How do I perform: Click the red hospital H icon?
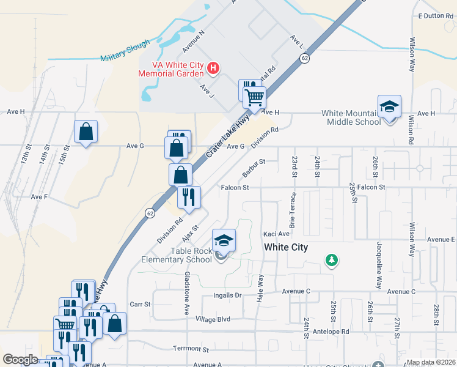(213, 68)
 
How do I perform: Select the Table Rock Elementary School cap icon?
(224, 240)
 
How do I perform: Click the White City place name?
(286, 247)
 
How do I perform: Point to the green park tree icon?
(332, 261)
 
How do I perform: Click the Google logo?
(20, 360)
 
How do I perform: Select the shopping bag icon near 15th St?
(86, 132)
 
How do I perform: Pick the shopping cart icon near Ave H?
(255, 96)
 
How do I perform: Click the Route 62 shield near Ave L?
(304, 57)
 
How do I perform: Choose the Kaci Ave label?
(276, 234)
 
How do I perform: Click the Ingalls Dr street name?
(228, 295)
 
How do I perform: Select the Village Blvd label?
(213, 319)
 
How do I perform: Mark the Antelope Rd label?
(336, 332)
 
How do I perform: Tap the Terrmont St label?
(191, 349)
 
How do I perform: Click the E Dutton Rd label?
(435, 16)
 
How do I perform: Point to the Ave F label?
(39, 197)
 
